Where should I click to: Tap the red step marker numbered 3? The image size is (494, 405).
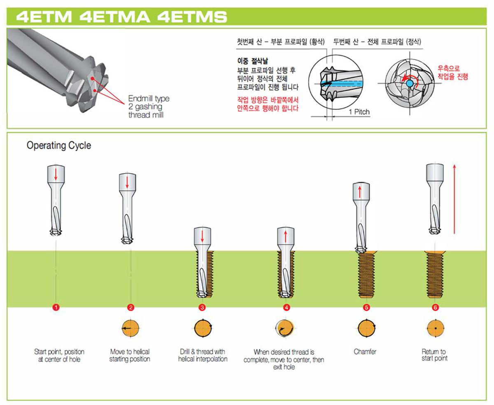(202, 307)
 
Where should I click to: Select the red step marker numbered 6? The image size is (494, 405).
(435, 307)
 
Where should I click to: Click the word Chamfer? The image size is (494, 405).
(365, 352)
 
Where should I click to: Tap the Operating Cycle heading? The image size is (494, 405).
(59, 146)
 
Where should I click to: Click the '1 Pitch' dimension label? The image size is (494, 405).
(359, 111)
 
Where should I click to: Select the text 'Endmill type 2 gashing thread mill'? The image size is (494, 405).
(148, 107)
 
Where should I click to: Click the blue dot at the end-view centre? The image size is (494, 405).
(409, 83)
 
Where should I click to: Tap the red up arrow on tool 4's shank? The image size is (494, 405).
(285, 236)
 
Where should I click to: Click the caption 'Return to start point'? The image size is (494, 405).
(434, 355)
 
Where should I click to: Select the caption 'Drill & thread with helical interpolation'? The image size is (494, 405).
(203, 355)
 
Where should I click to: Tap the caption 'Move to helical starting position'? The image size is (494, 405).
(130, 355)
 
